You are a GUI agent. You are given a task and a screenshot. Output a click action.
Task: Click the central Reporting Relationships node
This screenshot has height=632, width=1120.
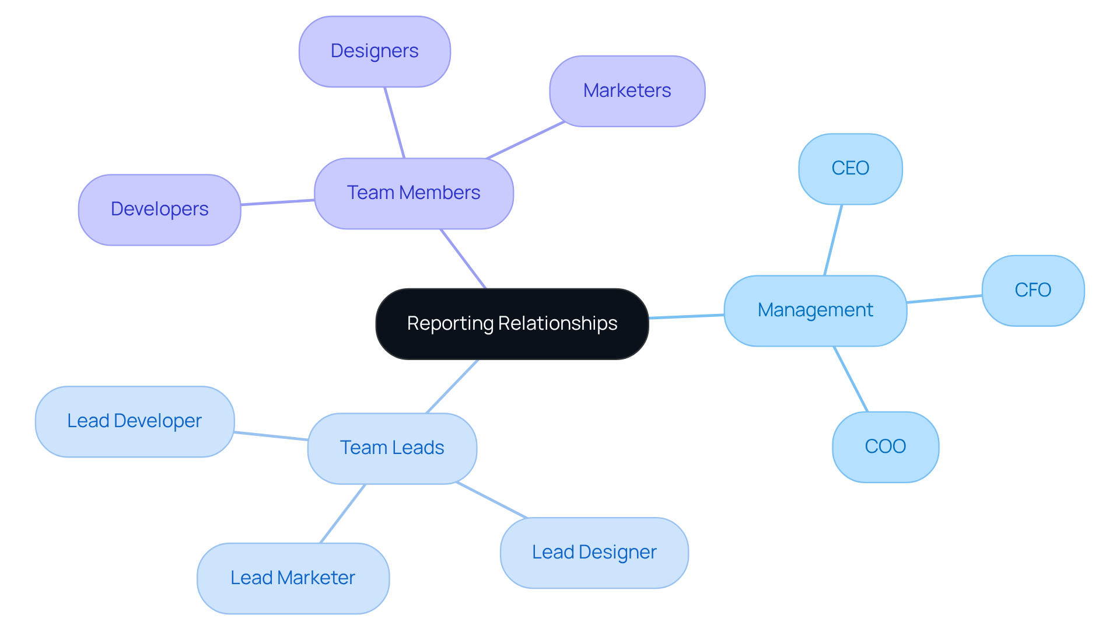[512, 324]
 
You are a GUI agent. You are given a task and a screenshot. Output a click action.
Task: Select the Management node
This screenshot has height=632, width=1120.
[815, 310]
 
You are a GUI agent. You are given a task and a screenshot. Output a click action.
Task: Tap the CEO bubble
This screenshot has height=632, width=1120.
[850, 169]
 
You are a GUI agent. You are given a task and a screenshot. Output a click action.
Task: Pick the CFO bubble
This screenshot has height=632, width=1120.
[1032, 290]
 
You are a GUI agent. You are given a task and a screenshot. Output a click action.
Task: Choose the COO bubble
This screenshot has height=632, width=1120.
[885, 446]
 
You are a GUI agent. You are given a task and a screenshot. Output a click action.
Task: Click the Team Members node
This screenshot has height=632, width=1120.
[414, 193]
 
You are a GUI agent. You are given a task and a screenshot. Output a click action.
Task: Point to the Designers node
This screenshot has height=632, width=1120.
[374, 51]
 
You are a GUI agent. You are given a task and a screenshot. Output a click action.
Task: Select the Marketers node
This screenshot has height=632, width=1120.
[627, 91]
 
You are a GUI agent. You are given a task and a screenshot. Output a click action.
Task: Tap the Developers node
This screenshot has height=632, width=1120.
[159, 209]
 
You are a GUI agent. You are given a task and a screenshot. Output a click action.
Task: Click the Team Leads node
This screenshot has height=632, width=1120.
[392, 448]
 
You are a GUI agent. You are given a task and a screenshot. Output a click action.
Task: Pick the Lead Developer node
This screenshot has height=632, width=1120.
[134, 421]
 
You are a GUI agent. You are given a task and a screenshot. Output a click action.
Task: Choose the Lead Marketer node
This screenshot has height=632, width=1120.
[293, 578]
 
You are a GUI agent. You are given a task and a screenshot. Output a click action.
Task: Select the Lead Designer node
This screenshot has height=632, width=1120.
[594, 553]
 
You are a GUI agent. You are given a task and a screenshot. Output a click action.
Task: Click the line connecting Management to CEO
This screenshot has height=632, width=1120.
[833, 240]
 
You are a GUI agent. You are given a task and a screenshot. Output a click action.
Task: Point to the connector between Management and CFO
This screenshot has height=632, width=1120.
[944, 299]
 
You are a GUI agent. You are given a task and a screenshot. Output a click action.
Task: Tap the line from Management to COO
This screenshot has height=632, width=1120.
[851, 379]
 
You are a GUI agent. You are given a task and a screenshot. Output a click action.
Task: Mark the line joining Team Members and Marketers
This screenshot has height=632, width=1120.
[526, 140]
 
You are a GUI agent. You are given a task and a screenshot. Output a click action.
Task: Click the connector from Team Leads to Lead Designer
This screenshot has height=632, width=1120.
[492, 500]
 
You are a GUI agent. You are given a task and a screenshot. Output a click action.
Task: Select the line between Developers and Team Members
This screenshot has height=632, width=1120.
[278, 202]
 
